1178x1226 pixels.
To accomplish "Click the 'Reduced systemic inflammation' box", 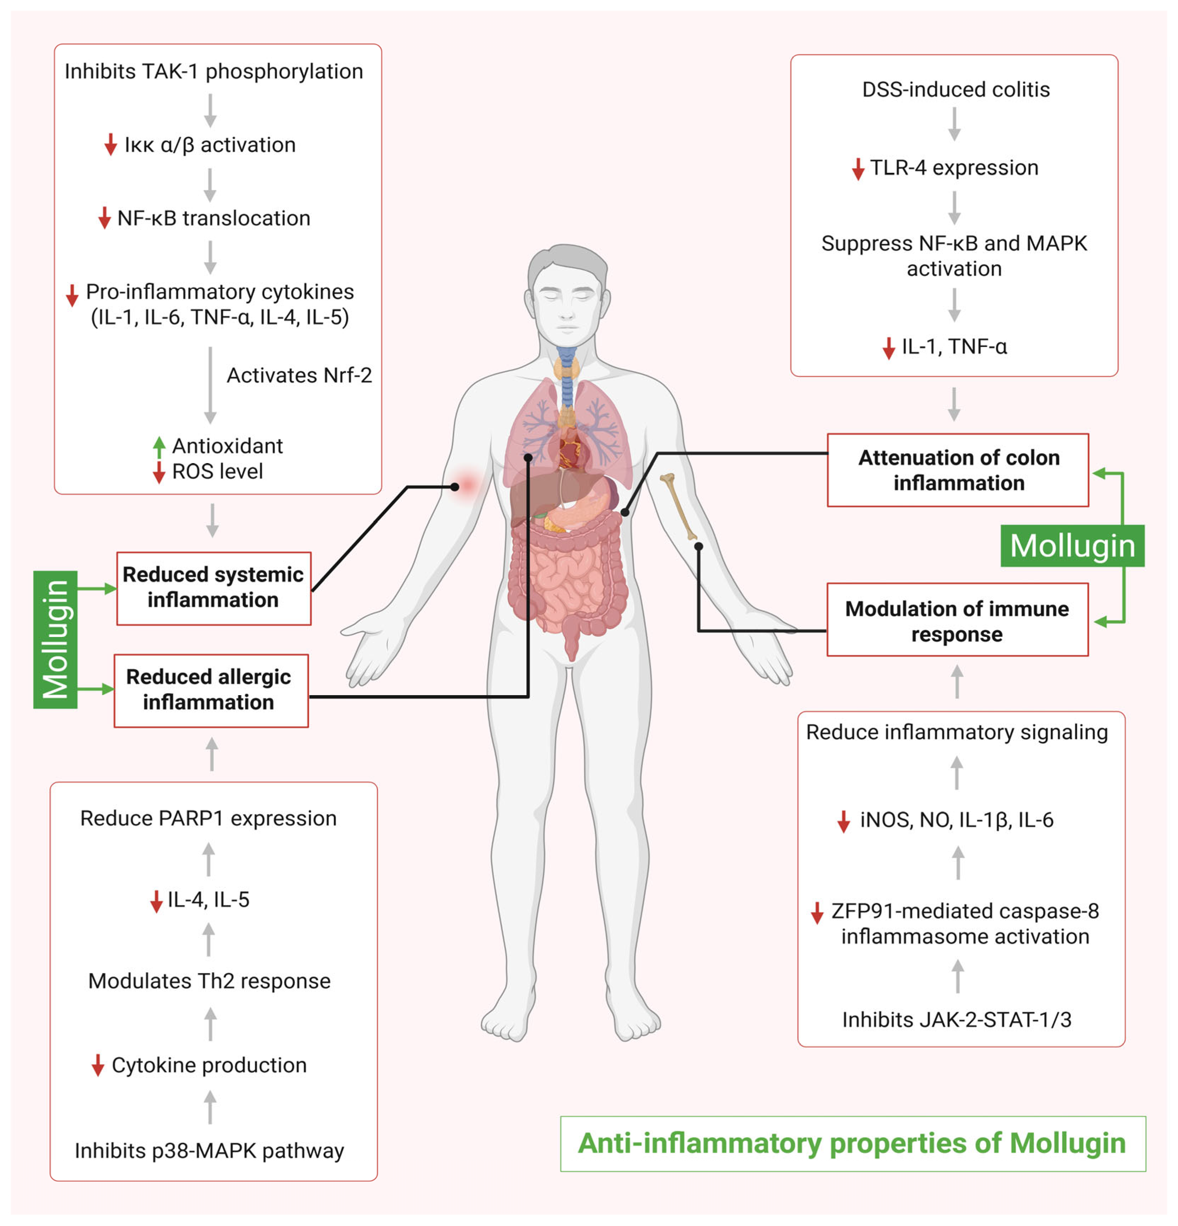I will pyautogui.click(x=213, y=588).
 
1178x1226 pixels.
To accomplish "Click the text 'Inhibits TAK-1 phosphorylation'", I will pyautogui.click(x=213, y=71).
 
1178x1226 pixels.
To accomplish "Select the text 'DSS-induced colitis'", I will pyautogui.click(x=955, y=89).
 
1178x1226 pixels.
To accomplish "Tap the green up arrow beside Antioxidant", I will pyautogui.click(x=159, y=447).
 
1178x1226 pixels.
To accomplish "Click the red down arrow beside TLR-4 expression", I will pyautogui.click(x=858, y=169).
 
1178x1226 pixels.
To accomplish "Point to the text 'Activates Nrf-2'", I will pyautogui.click(x=299, y=375).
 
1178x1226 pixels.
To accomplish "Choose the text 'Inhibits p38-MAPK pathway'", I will pyautogui.click(x=209, y=1150).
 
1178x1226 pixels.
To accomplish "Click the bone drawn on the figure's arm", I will pyautogui.click(x=679, y=505).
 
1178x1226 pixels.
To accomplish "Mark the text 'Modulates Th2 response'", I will pyautogui.click(x=209, y=981).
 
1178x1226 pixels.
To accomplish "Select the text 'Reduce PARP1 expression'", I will pyautogui.click(x=208, y=818).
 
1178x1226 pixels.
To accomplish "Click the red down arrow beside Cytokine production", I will pyautogui.click(x=98, y=1065).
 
